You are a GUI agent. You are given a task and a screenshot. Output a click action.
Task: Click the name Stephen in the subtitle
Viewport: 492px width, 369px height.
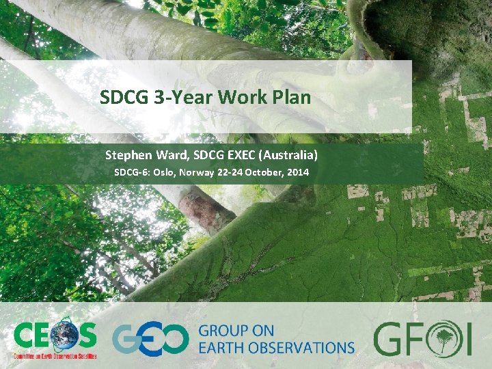128,155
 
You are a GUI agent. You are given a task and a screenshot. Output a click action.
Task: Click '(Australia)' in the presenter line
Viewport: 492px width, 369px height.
290,155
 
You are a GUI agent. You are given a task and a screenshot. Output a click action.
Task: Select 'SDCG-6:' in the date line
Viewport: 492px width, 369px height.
131,172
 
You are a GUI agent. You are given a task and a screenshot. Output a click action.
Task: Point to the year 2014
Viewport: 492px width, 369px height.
299,172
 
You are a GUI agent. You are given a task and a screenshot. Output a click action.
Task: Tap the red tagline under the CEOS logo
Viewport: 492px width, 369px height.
55,357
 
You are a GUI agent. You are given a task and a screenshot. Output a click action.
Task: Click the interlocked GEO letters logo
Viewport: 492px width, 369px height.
150,339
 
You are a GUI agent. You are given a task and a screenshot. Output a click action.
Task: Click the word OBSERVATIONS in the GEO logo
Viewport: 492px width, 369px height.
303,347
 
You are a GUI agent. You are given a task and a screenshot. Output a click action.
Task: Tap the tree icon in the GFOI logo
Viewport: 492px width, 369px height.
439,338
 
